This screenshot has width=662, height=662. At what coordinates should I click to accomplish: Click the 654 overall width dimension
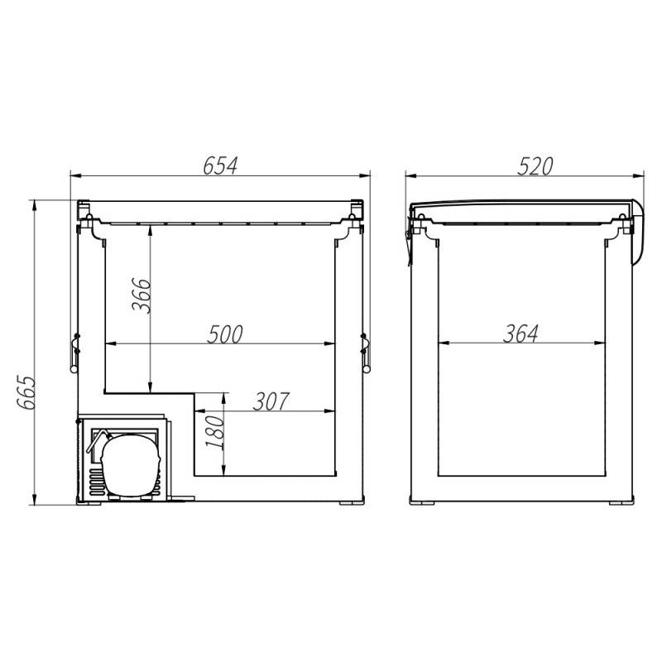point(220,166)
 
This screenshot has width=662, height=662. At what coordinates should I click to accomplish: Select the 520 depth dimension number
point(535,166)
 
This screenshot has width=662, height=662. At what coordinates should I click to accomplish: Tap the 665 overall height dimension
point(26,391)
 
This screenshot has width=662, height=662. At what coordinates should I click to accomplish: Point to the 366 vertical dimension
point(141,295)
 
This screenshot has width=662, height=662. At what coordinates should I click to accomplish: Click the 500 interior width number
point(225,334)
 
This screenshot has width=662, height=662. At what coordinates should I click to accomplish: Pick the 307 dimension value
point(271,401)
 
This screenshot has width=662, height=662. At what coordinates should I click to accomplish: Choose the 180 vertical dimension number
point(214,432)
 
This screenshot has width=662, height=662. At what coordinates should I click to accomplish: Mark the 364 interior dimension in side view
point(520,333)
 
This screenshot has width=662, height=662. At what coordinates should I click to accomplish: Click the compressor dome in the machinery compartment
point(130,465)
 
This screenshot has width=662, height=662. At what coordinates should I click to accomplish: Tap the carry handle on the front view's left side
point(74,353)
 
